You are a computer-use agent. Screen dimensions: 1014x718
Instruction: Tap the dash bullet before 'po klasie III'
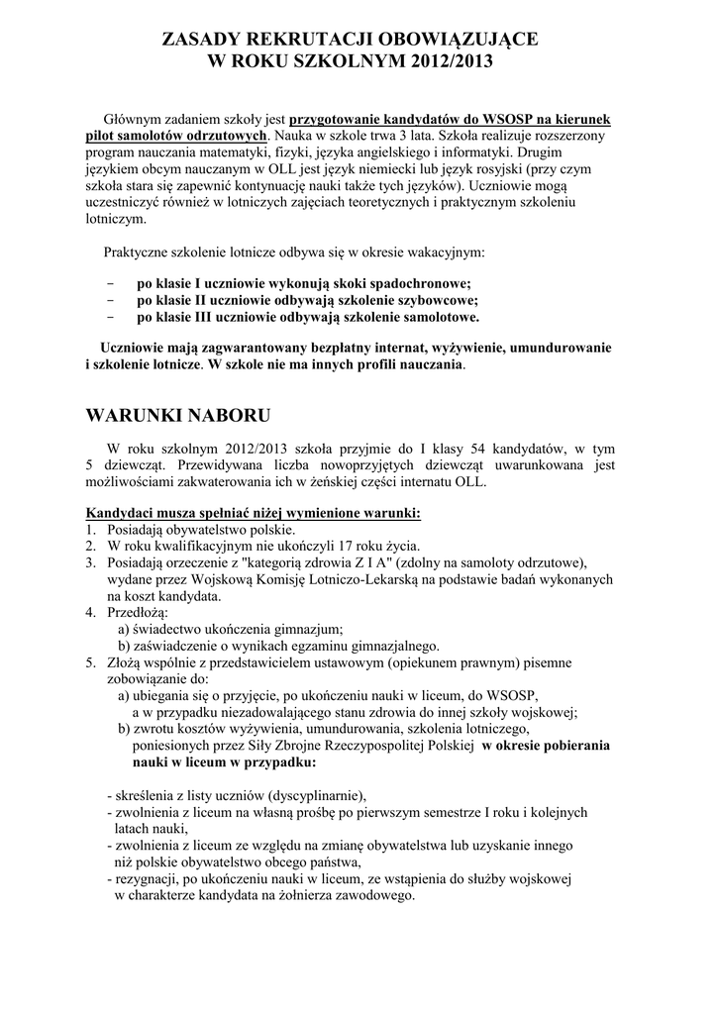point(109,318)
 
